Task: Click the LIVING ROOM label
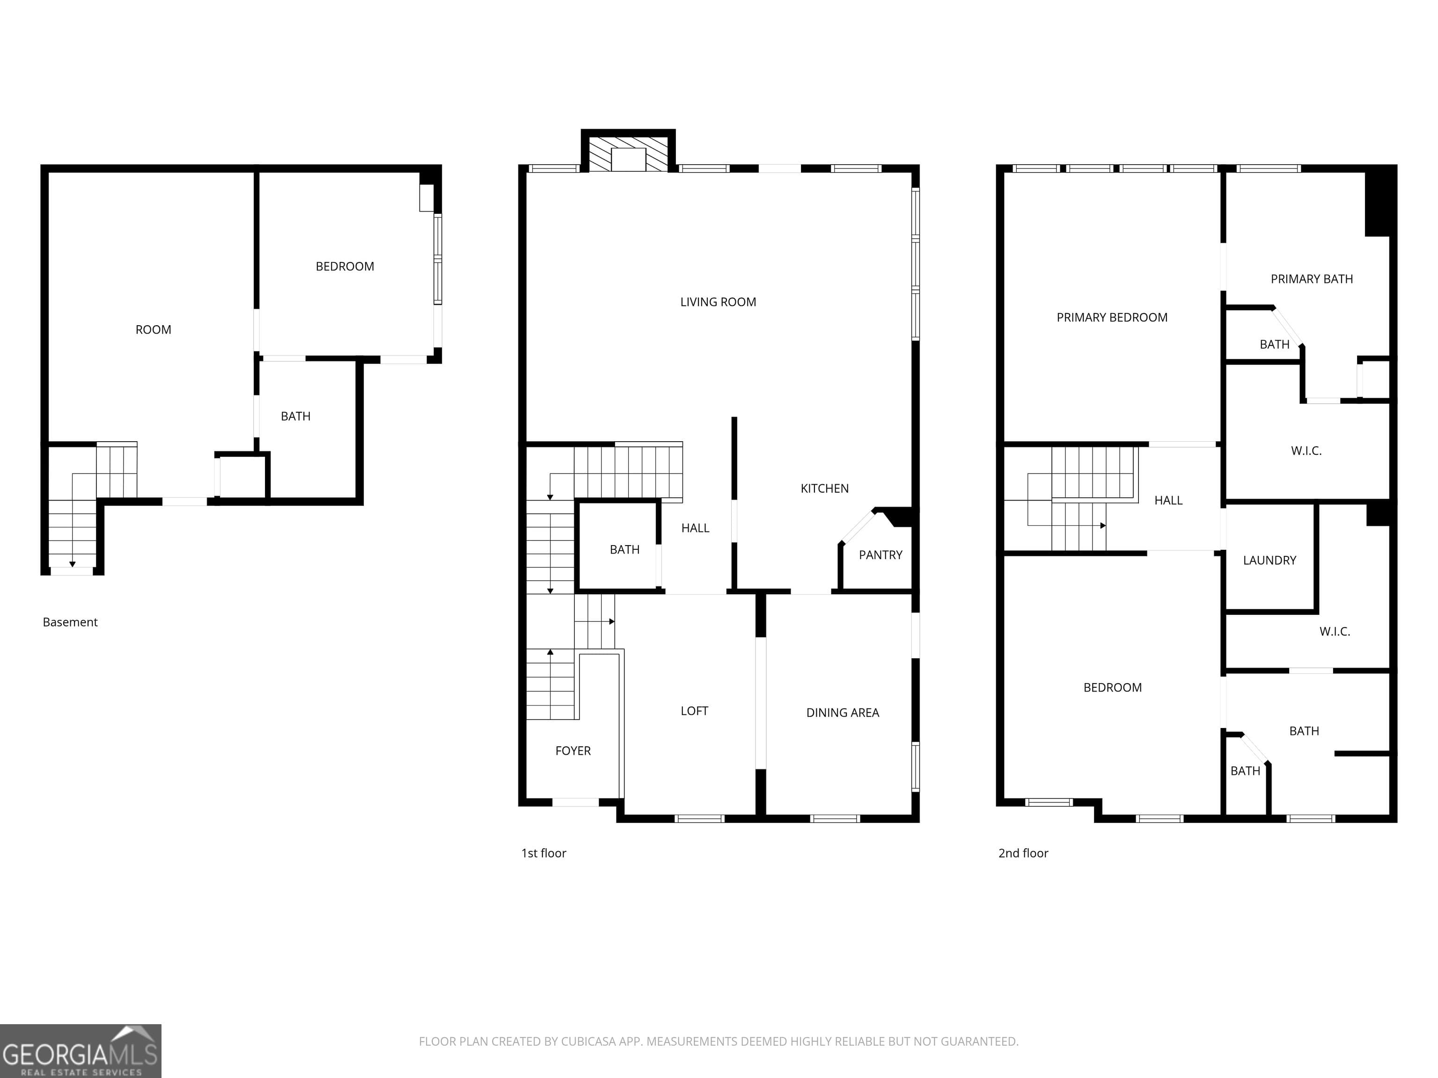[x=718, y=302]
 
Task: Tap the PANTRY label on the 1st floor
[x=880, y=555]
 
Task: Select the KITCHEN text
[x=824, y=488]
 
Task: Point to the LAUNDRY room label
[x=1269, y=560]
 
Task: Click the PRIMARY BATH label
[x=1311, y=279]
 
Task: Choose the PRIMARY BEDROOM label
[x=1112, y=318]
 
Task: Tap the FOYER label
[x=573, y=751]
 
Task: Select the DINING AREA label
[x=843, y=713]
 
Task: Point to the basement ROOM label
[x=154, y=330]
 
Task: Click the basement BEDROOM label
[x=345, y=266]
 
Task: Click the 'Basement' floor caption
[x=70, y=622]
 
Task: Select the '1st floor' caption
[x=543, y=853]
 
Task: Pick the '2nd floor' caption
[x=1023, y=853]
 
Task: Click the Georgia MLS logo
[x=81, y=1051]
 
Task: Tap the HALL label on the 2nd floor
[x=1168, y=500]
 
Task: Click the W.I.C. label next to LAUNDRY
[x=1335, y=632]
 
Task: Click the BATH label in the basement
[x=295, y=416]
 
